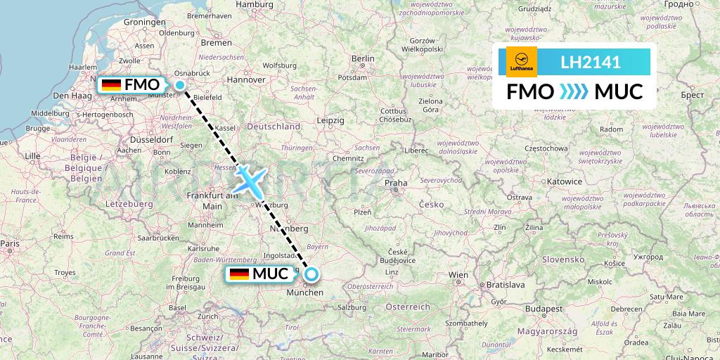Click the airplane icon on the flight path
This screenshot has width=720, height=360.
pos(250,180)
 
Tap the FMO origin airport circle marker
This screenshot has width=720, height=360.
pos(180,86)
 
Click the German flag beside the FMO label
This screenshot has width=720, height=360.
pos(111,85)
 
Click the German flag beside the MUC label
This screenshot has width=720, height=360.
pos(239,274)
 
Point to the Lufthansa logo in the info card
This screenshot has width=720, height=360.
pos(522,62)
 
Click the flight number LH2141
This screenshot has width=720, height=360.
pos(590,63)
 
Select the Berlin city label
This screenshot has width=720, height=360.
pos(362,58)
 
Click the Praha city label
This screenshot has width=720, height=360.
pos(395,184)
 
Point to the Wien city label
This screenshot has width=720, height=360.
pos(458,275)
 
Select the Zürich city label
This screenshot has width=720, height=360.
pos(207,316)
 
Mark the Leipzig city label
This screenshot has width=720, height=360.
pos(330,121)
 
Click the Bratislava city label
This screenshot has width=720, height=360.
pos(506,285)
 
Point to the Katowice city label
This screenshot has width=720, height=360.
pos(565,181)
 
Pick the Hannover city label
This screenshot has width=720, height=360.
pos(245,80)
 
